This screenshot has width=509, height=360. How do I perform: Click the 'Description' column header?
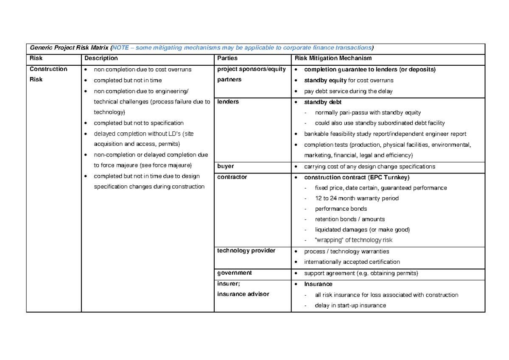click(x=101, y=58)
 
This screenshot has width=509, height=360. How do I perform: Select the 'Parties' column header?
click(x=227, y=58)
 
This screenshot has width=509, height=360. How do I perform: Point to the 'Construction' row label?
click(x=48, y=69)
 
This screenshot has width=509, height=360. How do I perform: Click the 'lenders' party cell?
click(x=228, y=102)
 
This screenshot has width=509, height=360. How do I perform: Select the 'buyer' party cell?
click(x=225, y=166)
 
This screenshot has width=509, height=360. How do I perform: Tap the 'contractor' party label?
click(x=232, y=177)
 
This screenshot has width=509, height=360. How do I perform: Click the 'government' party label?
click(x=234, y=273)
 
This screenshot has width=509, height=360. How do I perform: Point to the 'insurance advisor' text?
click(x=243, y=294)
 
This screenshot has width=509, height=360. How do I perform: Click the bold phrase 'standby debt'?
click(x=323, y=102)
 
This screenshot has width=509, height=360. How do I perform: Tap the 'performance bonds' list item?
click(x=341, y=209)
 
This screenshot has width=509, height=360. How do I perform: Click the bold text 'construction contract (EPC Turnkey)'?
click(x=357, y=177)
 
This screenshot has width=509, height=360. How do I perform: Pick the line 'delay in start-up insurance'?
click(x=350, y=305)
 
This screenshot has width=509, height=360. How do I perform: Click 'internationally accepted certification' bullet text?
click(x=352, y=262)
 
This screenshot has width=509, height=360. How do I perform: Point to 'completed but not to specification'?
click(x=138, y=123)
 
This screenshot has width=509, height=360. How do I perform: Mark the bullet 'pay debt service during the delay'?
click(x=348, y=91)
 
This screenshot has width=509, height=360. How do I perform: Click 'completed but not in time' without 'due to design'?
click(x=128, y=80)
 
